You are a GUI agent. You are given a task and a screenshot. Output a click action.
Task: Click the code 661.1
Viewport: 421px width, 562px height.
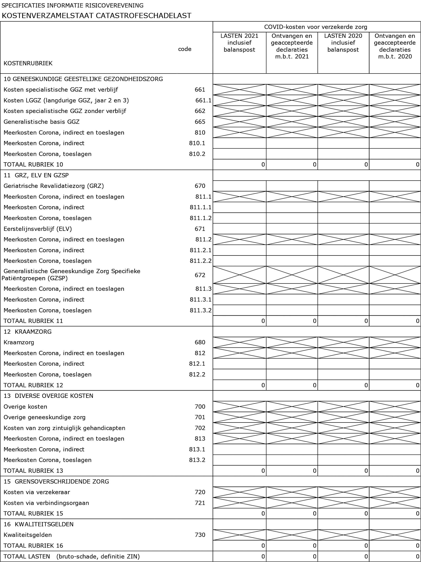click(x=203, y=100)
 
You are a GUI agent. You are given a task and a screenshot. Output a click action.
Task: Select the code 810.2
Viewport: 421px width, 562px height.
click(x=197, y=154)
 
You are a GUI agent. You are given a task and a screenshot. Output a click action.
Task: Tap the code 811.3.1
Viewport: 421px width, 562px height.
click(x=201, y=300)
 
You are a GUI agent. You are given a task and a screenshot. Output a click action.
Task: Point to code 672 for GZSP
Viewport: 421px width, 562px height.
click(x=200, y=275)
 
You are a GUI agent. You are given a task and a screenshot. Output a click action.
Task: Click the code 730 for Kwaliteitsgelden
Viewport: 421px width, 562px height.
click(x=200, y=535)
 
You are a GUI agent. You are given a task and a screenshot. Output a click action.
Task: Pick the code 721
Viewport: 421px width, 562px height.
click(x=200, y=503)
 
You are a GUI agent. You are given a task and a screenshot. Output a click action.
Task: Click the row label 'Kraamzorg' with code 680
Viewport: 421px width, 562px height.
click(x=19, y=342)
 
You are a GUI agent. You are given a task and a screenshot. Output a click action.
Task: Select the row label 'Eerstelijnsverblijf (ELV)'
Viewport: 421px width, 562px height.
click(x=38, y=229)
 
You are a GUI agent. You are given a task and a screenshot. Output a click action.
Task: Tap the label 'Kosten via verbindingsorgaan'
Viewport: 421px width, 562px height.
click(x=46, y=503)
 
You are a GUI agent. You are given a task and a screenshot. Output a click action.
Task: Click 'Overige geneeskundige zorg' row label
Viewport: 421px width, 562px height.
click(x=44, y=417)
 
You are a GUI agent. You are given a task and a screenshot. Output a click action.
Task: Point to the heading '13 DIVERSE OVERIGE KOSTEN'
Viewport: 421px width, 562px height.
click(x=48, y=396)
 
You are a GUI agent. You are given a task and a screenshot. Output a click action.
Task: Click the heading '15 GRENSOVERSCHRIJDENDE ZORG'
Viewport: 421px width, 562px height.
click(x=56, y=482)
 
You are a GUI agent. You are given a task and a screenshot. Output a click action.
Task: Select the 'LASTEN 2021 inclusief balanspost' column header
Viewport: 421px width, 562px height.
click(x=239, y=43)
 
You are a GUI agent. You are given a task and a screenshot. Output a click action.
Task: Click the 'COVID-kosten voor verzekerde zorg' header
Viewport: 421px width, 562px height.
click(x=316, y=27)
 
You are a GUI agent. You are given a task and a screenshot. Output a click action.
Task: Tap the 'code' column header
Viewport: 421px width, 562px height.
click(x=185, y=49)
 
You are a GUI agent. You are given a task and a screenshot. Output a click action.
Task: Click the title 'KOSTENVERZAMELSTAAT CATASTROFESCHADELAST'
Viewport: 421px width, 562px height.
click(x=96, y=16)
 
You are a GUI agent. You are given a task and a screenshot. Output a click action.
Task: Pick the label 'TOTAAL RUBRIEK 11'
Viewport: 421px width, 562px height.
click(x=33, y=321)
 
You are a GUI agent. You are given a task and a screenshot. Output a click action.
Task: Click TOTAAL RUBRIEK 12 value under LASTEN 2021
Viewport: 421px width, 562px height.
click(x=263, y=385)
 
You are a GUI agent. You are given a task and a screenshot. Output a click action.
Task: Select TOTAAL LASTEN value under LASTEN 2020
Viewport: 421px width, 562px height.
click(x=366, y=556)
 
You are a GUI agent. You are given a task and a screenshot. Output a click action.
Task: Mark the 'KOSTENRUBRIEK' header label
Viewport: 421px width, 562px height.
click(x=28, y=63)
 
